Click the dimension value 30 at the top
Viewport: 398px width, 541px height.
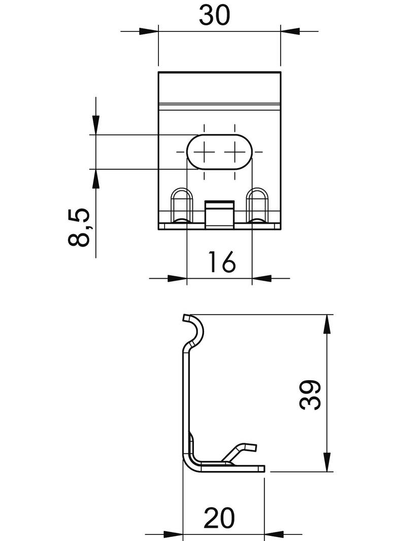214,15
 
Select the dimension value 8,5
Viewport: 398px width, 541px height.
80,227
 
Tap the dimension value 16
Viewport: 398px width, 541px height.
221,262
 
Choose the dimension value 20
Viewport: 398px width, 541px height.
219,519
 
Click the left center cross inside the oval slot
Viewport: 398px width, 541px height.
204,151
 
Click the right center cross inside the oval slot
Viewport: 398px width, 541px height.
234,151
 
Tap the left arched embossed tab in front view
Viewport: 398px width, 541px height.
181,205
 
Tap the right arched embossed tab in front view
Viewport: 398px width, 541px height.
257,205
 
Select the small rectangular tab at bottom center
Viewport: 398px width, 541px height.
219,213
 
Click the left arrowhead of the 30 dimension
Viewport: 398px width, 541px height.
149,31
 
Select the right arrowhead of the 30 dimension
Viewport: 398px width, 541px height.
289,31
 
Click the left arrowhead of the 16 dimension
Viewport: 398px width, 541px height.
178,278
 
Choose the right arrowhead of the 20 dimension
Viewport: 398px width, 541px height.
274,534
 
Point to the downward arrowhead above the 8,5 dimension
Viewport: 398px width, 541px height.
95,125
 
